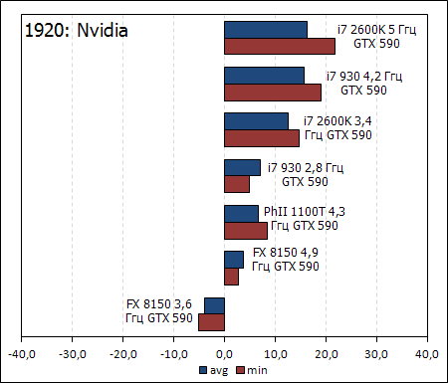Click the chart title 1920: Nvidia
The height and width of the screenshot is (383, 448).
[x=76, y=31]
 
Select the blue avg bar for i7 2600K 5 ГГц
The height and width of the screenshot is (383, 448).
[x=266, y=30]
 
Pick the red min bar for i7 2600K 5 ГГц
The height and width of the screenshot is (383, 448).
[x=280, y=46]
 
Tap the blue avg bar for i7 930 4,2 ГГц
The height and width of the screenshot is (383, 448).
[x=264, y=76]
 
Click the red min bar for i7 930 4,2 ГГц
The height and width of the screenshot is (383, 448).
[x=273, y=92]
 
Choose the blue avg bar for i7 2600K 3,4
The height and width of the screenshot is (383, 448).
[x=256, y=121]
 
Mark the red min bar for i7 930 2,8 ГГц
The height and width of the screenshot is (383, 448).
[x=237, y=184]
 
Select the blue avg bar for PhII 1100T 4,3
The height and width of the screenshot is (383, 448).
[x=241, y=214]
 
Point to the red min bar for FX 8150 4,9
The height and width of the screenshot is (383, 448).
[x=231, y=276]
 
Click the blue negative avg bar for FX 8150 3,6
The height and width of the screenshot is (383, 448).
[x=214, y=305]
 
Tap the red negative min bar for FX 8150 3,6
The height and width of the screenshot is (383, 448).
[x=211, y=321]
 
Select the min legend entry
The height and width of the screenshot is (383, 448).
[x=252, y=369]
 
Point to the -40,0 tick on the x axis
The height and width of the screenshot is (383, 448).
[x=21, y=352]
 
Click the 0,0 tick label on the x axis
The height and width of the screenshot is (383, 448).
[x=224, y=352]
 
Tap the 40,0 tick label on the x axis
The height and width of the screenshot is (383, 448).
[x=426, y=352]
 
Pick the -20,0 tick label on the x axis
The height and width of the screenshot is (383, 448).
[x=122, y=352]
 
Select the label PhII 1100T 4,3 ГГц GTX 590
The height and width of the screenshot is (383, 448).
[x=305, y=219]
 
